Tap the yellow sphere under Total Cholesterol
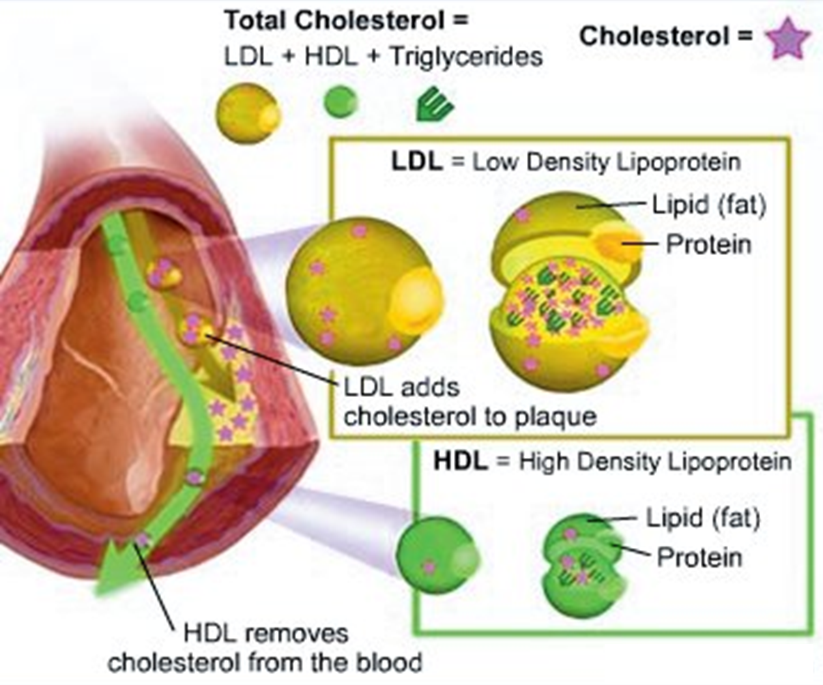point(248,113)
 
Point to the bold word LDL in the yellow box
point(416,162)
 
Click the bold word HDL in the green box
point(461,461)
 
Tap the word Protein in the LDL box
point(708,244)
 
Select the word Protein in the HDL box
point(699,557)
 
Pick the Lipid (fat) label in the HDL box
point(703,518)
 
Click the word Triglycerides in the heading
point(466,57)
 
